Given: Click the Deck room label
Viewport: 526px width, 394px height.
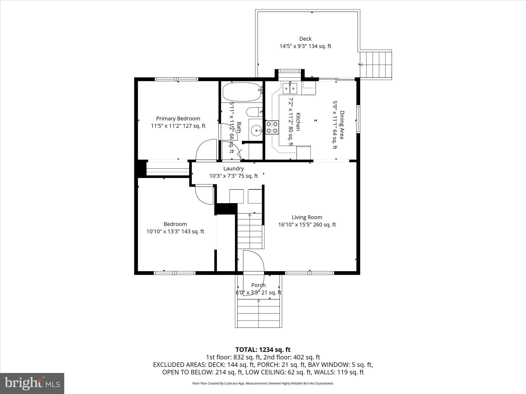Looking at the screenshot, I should pos(305,39).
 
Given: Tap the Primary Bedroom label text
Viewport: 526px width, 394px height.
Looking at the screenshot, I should pos(178,119).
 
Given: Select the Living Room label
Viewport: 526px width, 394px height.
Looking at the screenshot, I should pos(307,217).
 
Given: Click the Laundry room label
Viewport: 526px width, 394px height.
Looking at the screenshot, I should pos(233,169).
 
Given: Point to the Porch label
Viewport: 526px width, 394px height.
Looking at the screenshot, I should pos(258,285).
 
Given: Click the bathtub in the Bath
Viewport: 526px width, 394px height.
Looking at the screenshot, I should pos(241,92).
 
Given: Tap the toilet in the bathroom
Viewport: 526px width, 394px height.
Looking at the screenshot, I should pos(254,112).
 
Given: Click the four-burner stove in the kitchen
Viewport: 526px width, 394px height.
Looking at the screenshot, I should pos(272,127).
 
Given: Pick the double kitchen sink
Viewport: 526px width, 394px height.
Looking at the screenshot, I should pos(290,88).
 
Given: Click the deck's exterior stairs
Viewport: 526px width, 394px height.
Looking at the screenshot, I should pos(376,65).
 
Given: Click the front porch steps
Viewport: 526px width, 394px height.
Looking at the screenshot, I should pos(258,313).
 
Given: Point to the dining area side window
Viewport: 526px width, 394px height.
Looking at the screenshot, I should pos(358,119).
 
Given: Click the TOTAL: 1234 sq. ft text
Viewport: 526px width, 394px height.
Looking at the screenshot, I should pos(263,350).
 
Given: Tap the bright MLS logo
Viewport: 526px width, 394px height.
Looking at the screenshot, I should pos(32,383).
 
